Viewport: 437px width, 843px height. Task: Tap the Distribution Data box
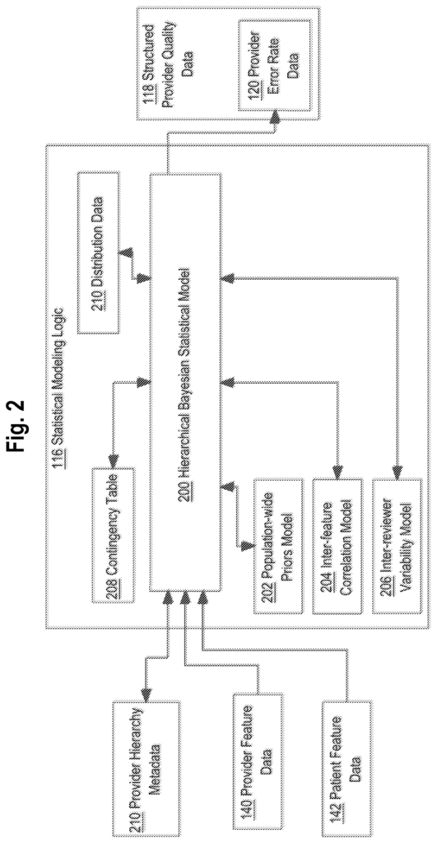pos(97,254)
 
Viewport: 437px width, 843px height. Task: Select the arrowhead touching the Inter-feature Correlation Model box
pos(337,472)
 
